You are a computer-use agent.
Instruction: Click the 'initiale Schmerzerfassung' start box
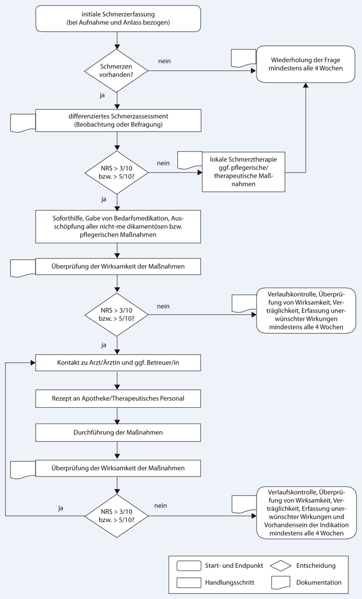(118, 19)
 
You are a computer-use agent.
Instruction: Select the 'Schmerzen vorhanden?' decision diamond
(116, 71)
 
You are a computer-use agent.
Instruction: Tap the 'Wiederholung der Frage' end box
(306, 64)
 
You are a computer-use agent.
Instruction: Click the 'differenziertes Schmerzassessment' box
(118, 121)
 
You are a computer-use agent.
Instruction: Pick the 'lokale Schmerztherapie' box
(243, 172)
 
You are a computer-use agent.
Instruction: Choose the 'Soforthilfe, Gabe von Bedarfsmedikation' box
(118, 226)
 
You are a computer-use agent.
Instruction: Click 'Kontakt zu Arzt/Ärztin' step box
(118, 362)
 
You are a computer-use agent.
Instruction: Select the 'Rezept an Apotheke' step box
(118, 398)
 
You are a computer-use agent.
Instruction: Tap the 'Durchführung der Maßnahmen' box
(118, 433)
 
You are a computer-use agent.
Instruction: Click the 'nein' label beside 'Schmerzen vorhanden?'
(165, 61)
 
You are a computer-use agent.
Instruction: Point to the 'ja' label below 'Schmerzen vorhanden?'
(102, 96)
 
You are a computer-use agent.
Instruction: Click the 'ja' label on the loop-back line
(61, 508)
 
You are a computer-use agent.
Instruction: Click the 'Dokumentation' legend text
(319, 583)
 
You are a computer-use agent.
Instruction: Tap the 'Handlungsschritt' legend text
(230, 583)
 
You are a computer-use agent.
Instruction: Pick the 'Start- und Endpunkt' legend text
(234, 566)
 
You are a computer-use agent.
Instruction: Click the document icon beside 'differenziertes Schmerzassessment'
(23, 122)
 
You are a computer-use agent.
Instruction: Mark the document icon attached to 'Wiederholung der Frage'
(244, 58)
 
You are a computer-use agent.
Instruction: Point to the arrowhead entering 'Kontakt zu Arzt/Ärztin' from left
(33, 362)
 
